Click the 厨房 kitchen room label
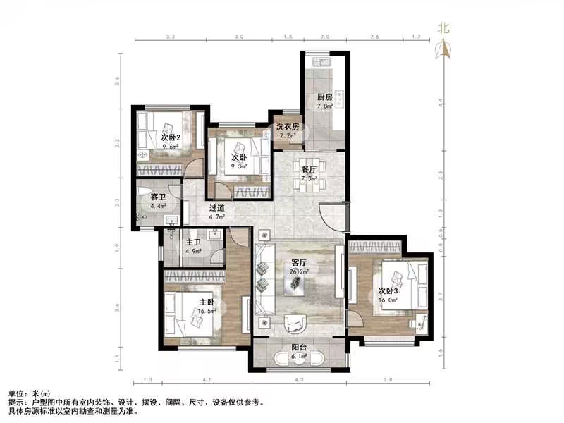pos(324,97)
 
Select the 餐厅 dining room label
pos(309,169)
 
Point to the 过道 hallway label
pos(216,208)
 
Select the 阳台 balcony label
pos(299,348)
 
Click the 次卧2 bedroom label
pos(171,137)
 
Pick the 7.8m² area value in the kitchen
pos(324,106)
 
